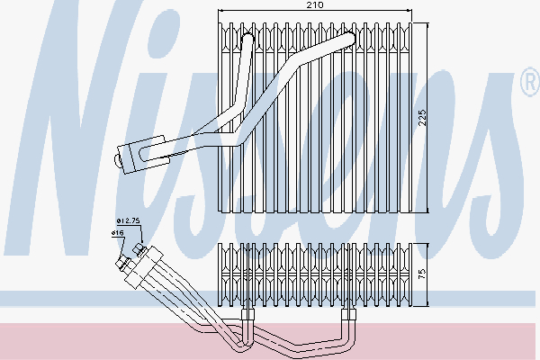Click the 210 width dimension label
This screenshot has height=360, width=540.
315,4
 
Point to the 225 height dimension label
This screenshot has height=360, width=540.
423,118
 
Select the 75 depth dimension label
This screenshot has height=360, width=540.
423,274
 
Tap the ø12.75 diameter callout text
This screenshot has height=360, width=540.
128,220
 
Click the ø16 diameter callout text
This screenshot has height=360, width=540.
117,233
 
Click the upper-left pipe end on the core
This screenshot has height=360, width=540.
247,38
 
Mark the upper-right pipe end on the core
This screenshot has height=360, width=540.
348,38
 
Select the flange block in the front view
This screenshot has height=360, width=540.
142,154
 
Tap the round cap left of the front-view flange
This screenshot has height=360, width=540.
117,161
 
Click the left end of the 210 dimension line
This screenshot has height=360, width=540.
219,11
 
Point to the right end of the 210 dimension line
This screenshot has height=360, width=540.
411,11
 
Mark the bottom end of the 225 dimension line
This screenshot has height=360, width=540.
427,212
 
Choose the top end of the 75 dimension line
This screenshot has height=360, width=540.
427,244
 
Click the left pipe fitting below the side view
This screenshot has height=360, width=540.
247,314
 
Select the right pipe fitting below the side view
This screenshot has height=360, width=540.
348,314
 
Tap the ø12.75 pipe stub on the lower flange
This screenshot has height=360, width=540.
139,250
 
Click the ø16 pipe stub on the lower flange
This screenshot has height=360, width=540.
122,263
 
